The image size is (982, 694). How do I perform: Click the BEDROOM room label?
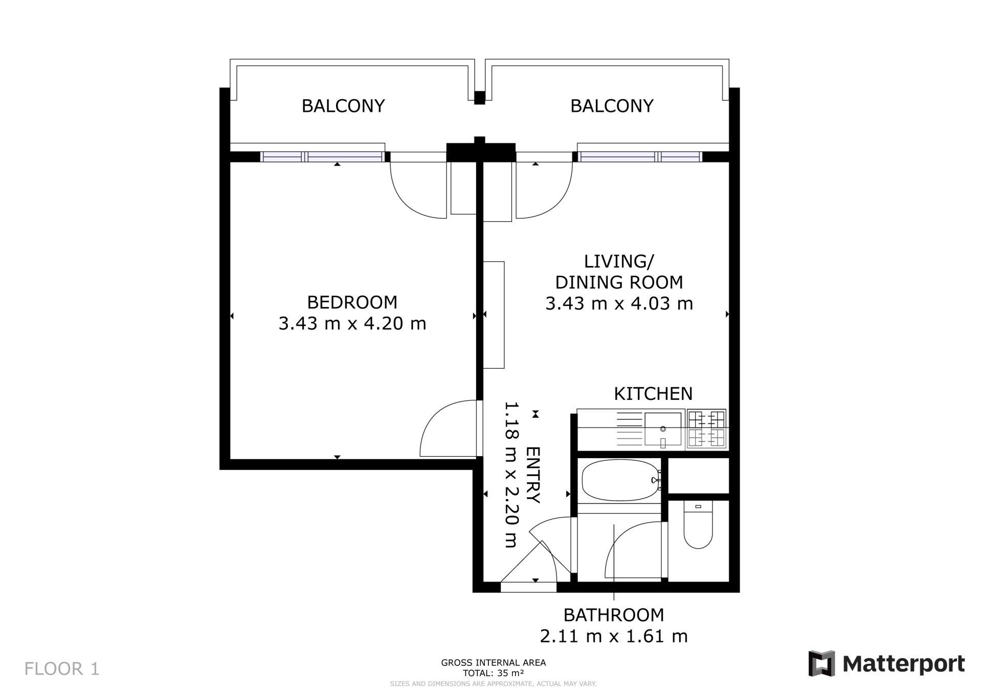[x=352, y=302]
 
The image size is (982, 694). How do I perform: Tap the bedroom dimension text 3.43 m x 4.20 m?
[x=352, y=323]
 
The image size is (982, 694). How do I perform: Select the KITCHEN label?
[x=653, y=394]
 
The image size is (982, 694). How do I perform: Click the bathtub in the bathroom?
[x=620, y=481]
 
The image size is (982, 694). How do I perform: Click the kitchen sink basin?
[x=663, y=429]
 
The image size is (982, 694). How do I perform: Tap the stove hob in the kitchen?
[x=706, y=429]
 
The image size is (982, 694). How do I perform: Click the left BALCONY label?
[x=343, y=106]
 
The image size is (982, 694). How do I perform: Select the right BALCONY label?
[x=612, y=106]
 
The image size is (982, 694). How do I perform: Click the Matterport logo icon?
[x=821, y=664]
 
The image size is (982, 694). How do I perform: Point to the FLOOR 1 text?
[x=62, y=669]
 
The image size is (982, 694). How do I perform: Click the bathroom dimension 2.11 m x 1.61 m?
[x=614, y=636]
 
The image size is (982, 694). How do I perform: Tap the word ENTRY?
[x=533, y=475]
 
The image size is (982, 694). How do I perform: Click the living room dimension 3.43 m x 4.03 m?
[x=619, y=303]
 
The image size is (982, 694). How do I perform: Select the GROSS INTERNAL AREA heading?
[x=494, y=663]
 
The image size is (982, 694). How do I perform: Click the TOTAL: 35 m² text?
[x=494, y=673]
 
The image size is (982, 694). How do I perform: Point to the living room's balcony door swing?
[x=555, y=199]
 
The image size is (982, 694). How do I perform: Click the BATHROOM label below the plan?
[x=614, y=615]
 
